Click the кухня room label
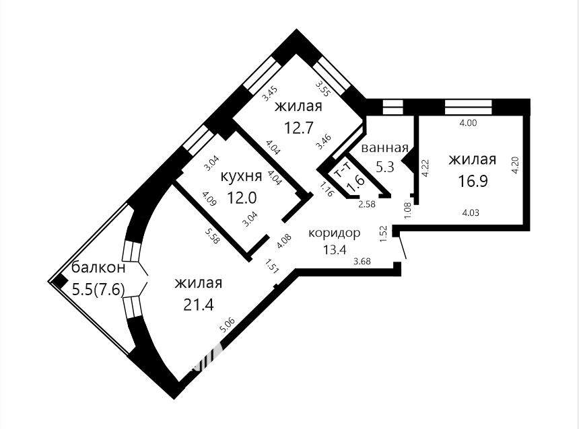241,176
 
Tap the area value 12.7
299,128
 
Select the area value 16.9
473,181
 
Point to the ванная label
384,148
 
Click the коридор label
334,233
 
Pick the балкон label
98,268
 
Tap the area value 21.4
199,305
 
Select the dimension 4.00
468,123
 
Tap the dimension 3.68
362,262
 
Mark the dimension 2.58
367,204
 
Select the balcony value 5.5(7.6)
98,290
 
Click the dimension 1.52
383,234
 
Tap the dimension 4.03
471,212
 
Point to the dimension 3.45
270,93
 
